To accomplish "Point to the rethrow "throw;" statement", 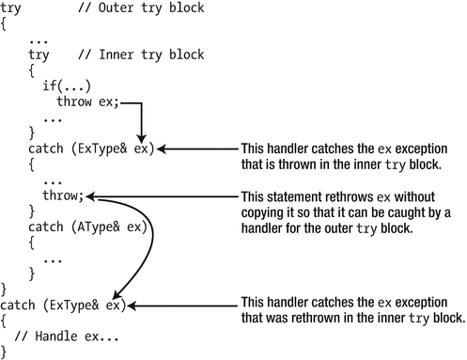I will click(x=63, y=196).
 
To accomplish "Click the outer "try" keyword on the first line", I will click(x=13, y=8).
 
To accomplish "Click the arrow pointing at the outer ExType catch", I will click(x=182, y=305).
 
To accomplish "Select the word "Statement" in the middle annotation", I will click(x=287, y=196).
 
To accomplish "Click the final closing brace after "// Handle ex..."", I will click(x=4, y=352).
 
